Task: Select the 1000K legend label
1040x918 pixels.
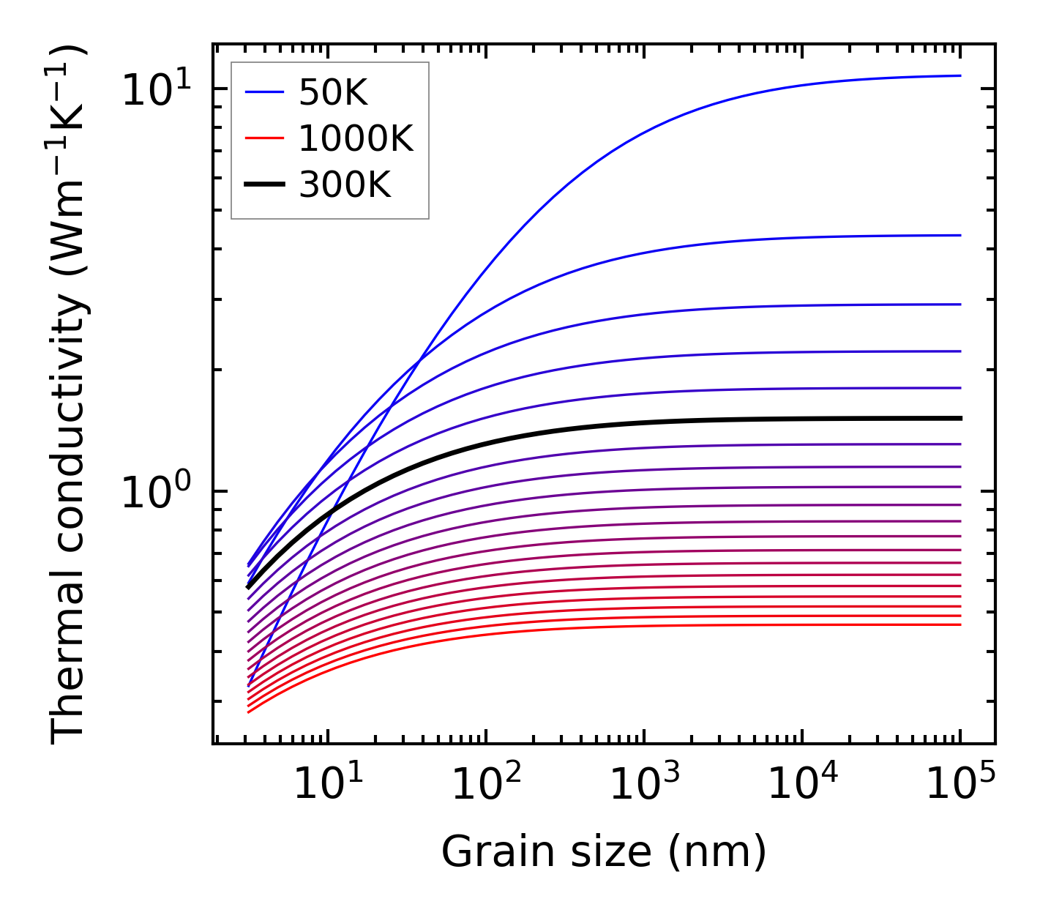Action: [356, 138]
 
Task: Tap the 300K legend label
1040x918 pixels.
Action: [345, 185]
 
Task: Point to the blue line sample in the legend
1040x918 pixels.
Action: [263, 92]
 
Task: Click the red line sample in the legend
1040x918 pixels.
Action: [263, 138]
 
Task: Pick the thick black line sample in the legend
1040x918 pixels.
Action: [263, 185]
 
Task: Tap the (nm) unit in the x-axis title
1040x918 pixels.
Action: [717, 852]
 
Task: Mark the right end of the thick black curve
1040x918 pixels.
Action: [960, 418]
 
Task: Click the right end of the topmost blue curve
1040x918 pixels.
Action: [960, 75]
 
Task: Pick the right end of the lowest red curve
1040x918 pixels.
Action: [960, 624]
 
